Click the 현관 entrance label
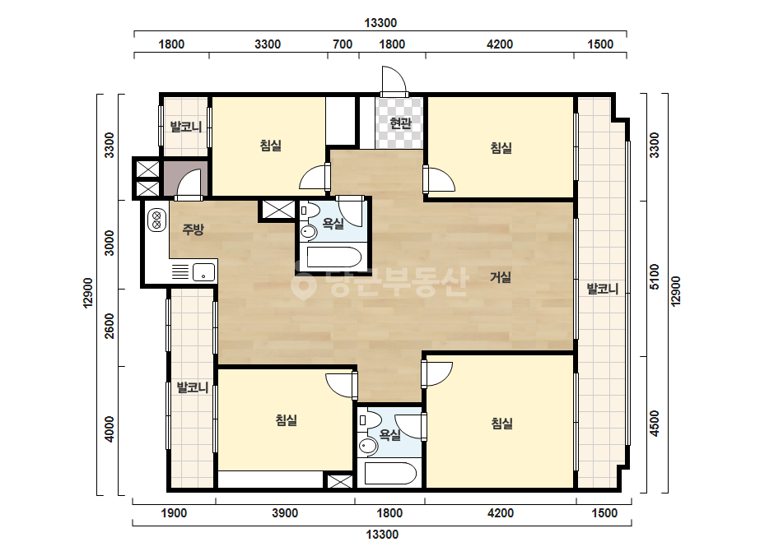(400, 123)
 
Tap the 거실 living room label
(500, 277)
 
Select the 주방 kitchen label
(193, 229)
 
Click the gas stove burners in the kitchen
(156, 220)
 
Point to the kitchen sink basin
(203, 272)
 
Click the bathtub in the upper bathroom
(334, 257)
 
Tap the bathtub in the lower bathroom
(390, 474)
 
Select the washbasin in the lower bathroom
(368, 446)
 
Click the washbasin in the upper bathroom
(308, 231)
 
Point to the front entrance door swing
(393, 79)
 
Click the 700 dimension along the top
(343, 44)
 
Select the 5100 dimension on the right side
(655, 276)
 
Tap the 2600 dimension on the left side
(110, 326)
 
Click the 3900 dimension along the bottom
(285, 513)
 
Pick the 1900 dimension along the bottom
(174, 513)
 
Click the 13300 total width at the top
(380, 23)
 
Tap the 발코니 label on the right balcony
(603, 290)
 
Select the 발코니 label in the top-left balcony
(185, 127)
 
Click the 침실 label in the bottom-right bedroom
(502, 424)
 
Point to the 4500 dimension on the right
(655, 424)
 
